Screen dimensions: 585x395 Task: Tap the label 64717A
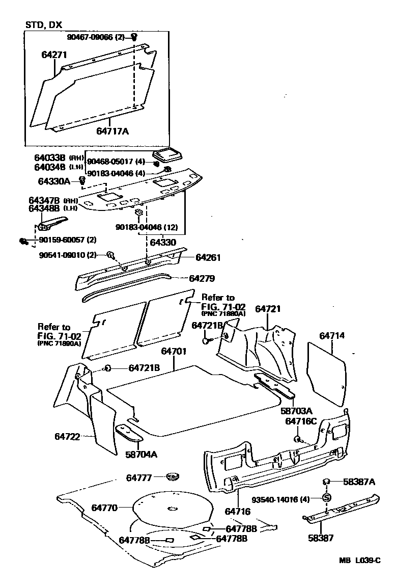coord(112,131)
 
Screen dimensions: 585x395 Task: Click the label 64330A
coord(55,181)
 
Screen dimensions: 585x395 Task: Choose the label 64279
coord(202,279)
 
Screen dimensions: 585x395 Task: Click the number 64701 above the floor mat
coord(174,352)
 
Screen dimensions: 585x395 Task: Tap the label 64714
coord(332,336)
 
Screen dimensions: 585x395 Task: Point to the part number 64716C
coord(301,421)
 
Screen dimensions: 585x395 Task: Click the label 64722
coord(67,437)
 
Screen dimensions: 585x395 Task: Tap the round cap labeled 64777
coord(173,477)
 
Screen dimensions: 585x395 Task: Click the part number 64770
coord(105,508)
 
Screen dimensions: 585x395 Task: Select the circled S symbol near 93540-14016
coord(326,497)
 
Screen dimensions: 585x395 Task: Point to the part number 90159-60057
coord(61,240)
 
